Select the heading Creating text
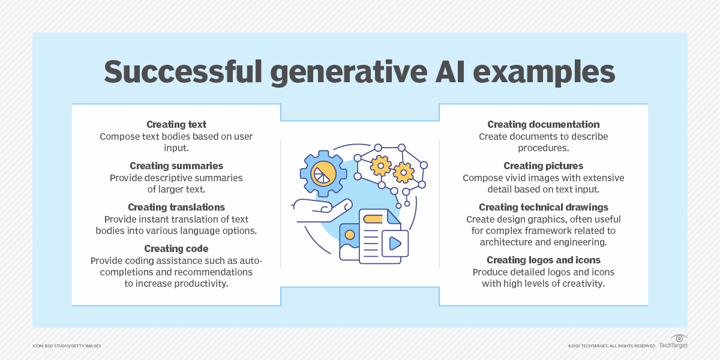pyautogui.click(x=176, y=124)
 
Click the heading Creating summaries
pyautogui.click(x=176, y=166)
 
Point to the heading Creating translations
pyautogui.click(x=176, y=208)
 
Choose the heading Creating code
pyautogui.click(x=176, y=249)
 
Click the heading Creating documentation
pyautogui.click(x=543, y=124)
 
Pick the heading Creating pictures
pyautogui.click(x=543, y=166)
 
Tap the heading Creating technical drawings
pyautogui.click(x=543, y=208)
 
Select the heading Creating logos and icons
pyautogui.click(x=543, y=260)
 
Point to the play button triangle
pyautogui.click(x=395, y=244)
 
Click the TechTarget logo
pyautogui.click(x=673, y=341)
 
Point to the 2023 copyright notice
pyautogui.click(x=611, y=346)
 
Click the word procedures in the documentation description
pyautogui.click(x=543, y=148)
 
